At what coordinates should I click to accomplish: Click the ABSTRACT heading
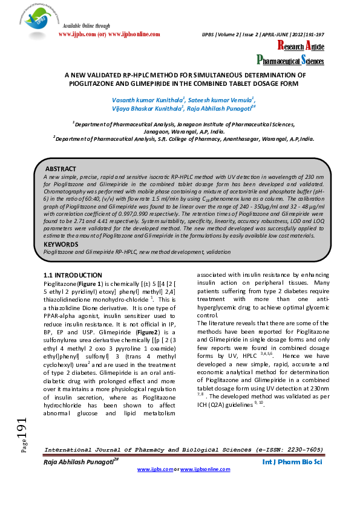point(61,168)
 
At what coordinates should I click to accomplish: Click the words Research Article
point(300,47)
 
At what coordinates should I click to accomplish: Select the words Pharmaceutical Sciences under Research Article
point(290,60)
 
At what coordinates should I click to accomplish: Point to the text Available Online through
point(87,27)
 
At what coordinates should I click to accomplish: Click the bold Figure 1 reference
point(89,284)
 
